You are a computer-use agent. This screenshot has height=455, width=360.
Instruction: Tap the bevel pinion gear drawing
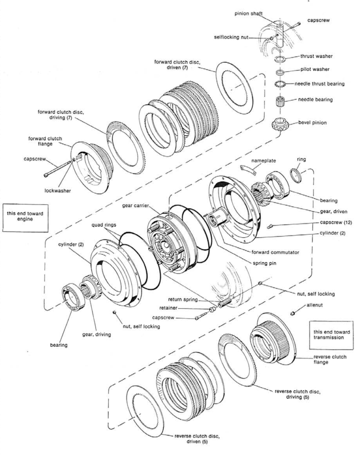(279, 126)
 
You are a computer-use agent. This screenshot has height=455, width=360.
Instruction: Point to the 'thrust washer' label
(317, 56)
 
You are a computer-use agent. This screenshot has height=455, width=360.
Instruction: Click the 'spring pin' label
(264, 263)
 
